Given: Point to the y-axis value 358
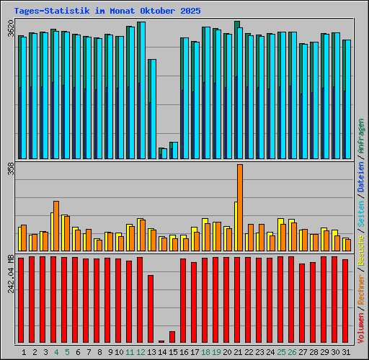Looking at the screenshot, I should click(x=10, y=168).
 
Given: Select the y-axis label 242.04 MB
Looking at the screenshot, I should click(x=10, y=272).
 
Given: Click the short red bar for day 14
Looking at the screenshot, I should click(x=161, y=341).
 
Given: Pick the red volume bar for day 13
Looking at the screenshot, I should click(x=151, y=308).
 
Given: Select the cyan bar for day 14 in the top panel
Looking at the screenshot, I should click(x=164, y=153).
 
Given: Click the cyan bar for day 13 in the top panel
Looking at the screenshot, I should click(x=152, y=108).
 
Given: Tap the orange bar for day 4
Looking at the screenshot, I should click(x=56, y=225).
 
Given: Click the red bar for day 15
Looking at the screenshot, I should click(x=172, y=337).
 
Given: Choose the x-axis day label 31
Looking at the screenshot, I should click(x=346, y=352).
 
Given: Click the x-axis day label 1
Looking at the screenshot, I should click(x=24, y=352).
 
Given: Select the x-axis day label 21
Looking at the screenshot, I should click(x=238, y=352).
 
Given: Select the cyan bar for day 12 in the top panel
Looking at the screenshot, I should click(x=141, y=90).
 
